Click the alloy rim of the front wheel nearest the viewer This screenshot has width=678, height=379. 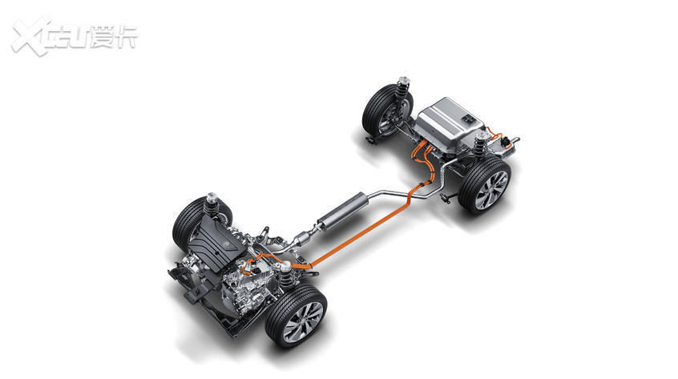[304, 322]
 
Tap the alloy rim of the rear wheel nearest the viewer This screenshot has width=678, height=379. [492, 190]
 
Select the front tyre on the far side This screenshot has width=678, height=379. [196, 223]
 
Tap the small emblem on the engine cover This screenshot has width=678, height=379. [225, 245]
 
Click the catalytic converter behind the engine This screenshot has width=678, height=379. [304, 238]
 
